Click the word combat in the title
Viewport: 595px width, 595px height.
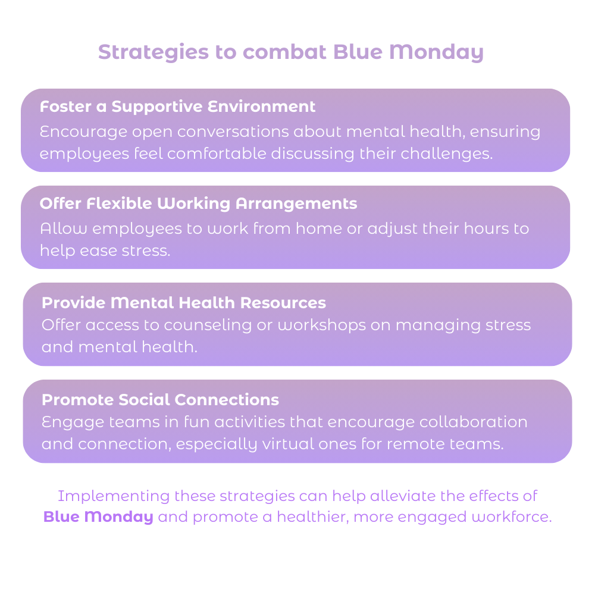pos(284,52)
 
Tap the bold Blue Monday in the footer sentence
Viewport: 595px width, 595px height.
pos(98,517)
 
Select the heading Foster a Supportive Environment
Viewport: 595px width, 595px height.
pos(177,107)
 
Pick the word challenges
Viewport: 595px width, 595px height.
pos(447,154)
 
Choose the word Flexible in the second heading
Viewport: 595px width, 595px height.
pos(119,203)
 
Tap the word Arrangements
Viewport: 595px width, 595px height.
pos(296,204)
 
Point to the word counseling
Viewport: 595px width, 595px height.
pos(208,325)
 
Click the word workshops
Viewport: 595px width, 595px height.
pos(322,325)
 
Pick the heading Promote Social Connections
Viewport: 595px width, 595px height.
pos(161,400)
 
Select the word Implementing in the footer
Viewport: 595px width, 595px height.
pos(114,496)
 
